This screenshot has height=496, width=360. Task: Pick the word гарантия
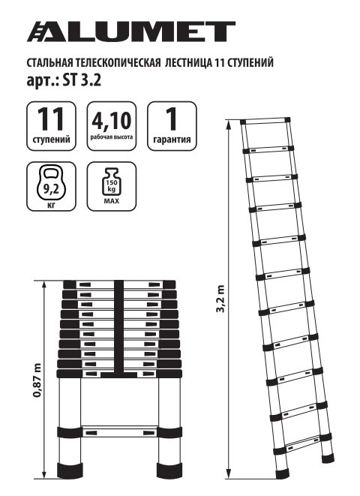(x=171, y=140)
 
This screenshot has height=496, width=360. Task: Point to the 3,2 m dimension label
(x=220, y=301)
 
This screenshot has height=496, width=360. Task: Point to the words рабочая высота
(x=111, y=138)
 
